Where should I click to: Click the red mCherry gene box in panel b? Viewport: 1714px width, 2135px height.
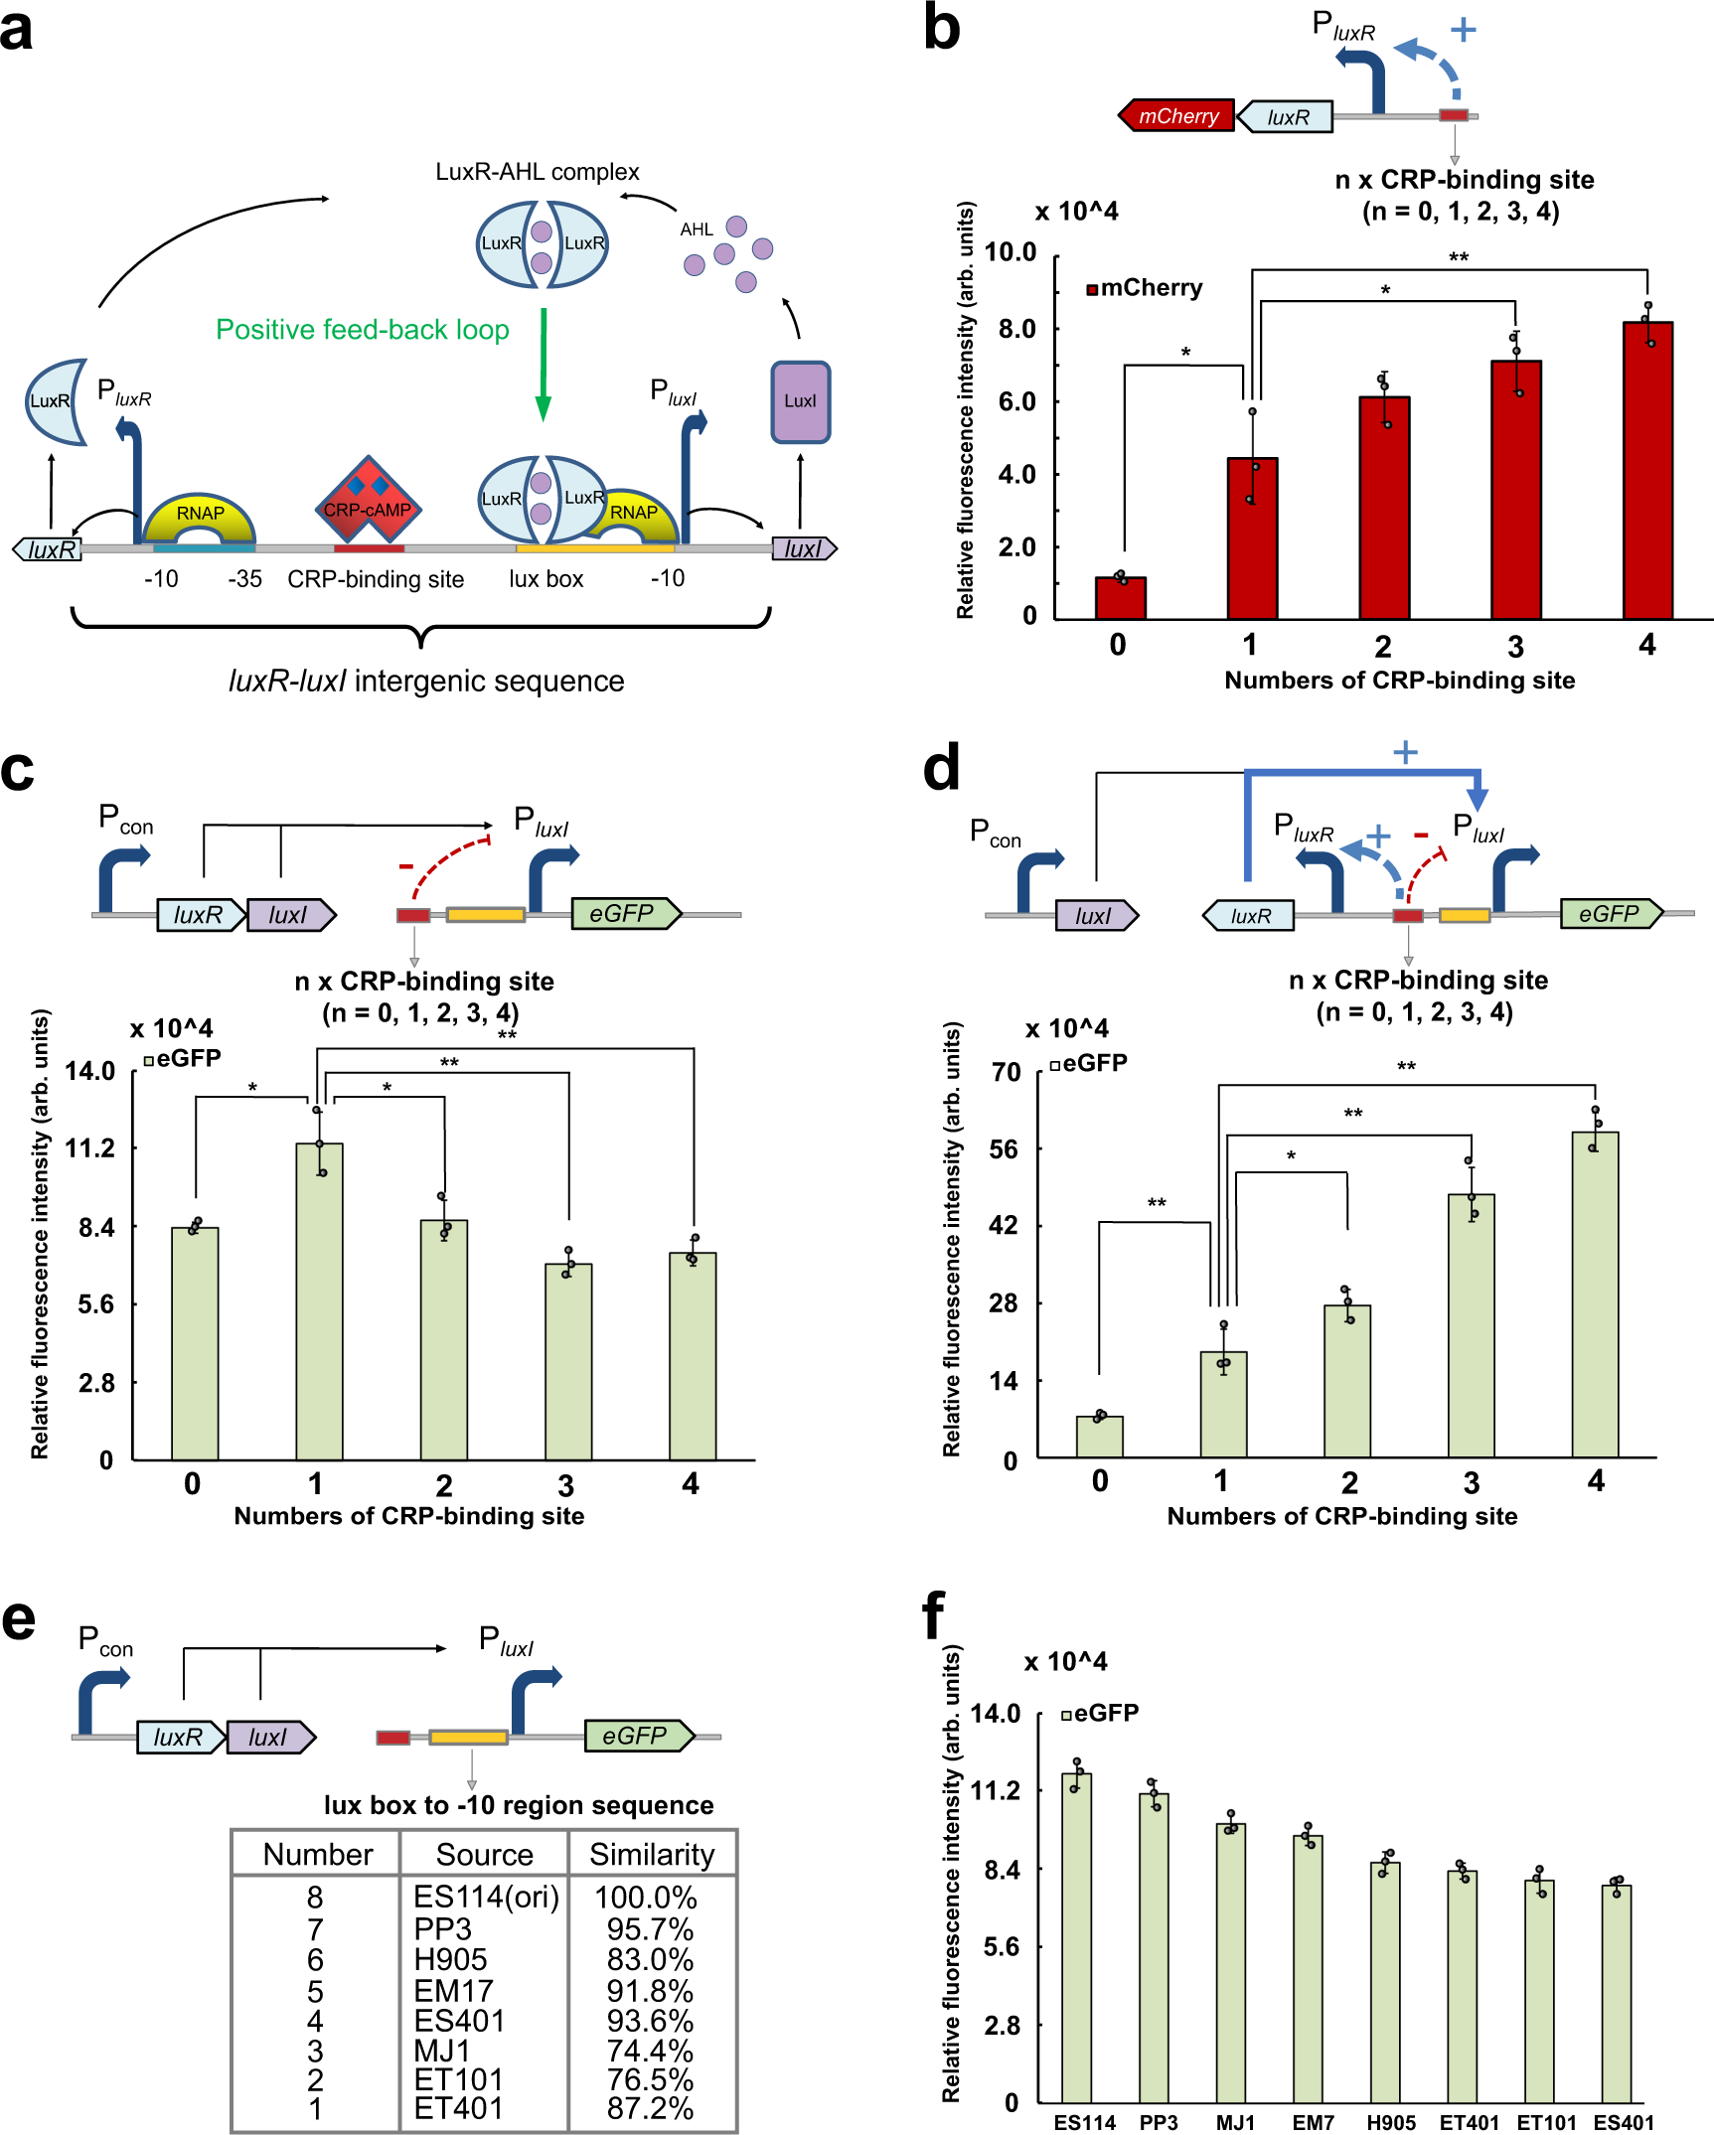(x=1177, y=116)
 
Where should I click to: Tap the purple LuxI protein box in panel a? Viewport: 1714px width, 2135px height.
(x=800, y=401)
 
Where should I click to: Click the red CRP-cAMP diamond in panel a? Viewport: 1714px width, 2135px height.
(x=368, y=503)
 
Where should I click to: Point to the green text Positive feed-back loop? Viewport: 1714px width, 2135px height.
(x=363, y=330)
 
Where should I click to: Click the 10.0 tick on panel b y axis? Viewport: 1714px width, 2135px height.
(x=1011, y=252)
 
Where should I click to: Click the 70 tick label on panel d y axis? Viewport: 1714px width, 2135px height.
(x=1007, y=1072)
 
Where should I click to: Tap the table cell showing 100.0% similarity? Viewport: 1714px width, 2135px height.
(x=646, y=1898)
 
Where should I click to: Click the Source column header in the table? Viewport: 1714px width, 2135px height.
(x=484, y=1855)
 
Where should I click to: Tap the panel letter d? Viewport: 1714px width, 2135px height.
(x=941, y=769)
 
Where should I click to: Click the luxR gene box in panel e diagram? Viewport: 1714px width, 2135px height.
(x=179, y=1737)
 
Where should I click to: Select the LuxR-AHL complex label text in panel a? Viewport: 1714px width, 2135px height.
(x=537, y=172)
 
